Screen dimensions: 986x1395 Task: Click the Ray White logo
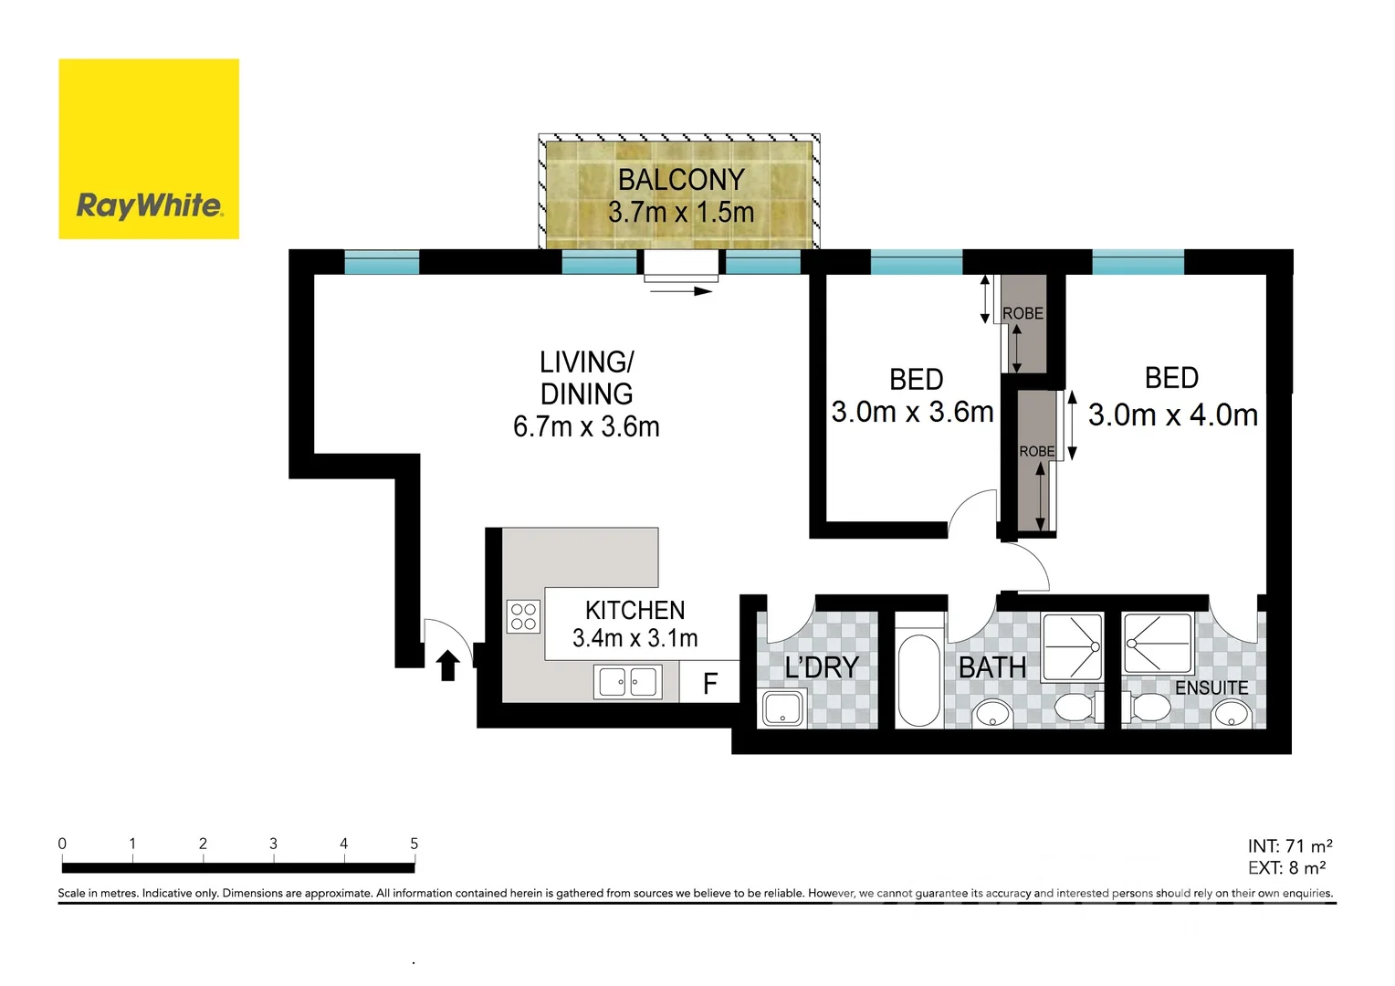tap(149, 150)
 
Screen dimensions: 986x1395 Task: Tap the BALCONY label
tap(681, 180)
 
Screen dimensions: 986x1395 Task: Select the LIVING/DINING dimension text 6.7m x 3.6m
tap(586, 426)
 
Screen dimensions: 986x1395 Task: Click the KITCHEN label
tap(635, 610)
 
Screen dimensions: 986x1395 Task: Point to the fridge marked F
tap(709, 683)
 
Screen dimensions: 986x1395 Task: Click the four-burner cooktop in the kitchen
tap(523, 616)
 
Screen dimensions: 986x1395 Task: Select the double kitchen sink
tap(628, 682)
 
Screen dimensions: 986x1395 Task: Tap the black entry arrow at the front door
tap(447, 666)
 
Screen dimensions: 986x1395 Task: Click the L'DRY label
tap(822, 667)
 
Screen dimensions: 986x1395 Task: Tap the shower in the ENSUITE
tap(1158, 645)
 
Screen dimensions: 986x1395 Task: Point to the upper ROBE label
tap(1023, 313)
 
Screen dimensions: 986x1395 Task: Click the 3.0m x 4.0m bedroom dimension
tap(1173, 415)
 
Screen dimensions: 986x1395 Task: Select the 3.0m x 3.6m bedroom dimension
tap(912, 413)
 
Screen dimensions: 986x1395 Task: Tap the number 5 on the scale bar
tap(414, 844)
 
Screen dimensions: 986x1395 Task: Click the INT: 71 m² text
tap(1289, 846)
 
